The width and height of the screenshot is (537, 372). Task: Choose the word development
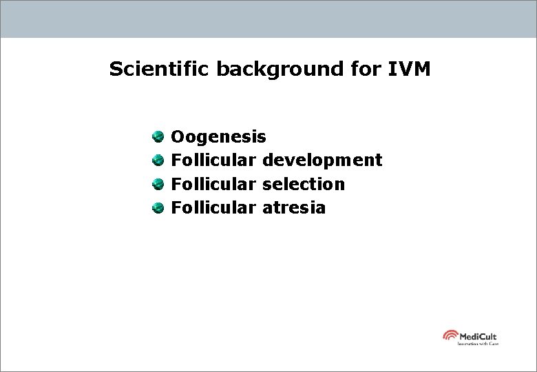pyautogui.click(x=322, y=161)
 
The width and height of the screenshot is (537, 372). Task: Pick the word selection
pyautogui.click(x=304, y=184)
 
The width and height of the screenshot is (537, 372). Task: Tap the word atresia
pyautogui.click(x=294, y=207)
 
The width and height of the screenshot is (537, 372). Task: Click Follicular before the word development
pyautogui.click(x=213, y=161)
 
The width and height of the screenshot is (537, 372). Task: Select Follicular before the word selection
pyautogui.click(x=213, y=184)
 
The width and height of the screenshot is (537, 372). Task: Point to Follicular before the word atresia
pyautogui.click(x=213, y=207)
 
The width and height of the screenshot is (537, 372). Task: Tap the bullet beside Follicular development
pyautogui.click(x=158, y=161)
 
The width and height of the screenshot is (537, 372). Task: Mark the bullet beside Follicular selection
pyautogui.click(x=158, y=184)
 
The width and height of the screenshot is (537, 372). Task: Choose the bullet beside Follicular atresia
pyautogui.click(x=158, y=207)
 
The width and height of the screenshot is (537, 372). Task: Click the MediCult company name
pyautogui.click(x=478, y=335)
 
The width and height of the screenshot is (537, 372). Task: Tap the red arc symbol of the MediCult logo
pyautogui.click(x=450, y=335)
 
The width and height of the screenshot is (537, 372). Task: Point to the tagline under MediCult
pyautogui.click(x=478, y=343)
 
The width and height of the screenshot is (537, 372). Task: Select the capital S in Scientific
pyautogui.click(x=115, y=70)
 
